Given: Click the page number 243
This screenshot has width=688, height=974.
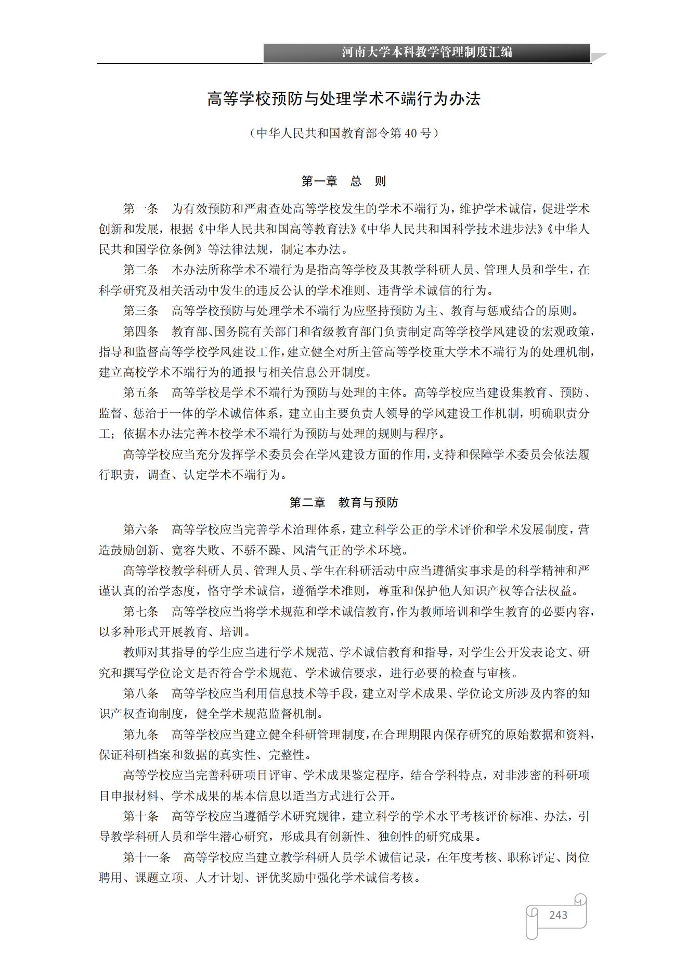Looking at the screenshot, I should [558, 915].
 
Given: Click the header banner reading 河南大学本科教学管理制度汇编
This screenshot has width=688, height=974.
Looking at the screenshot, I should [426, 52].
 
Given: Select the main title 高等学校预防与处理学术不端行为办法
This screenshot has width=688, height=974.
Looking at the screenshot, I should [344, 99].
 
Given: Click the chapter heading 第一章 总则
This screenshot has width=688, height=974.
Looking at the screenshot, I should [344, 181].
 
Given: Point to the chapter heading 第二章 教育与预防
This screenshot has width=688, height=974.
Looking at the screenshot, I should [344, 502].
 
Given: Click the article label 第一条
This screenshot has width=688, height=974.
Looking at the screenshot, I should [141, 209].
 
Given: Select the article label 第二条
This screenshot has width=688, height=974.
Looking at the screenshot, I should [141, 270].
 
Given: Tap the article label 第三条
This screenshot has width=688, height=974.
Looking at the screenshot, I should [141, 311].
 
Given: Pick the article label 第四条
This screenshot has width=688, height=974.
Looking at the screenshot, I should [141, 332].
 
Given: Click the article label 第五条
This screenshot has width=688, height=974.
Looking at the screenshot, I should [141, 393].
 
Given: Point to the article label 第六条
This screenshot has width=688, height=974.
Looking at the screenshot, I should [141, 530].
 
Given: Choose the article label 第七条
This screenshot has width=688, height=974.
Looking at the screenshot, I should [141, 612].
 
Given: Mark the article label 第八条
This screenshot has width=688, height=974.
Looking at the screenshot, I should [141, 693].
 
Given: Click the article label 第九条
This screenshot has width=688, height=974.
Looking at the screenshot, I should [141, 735].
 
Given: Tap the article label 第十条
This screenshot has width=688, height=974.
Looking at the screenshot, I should [141, 816].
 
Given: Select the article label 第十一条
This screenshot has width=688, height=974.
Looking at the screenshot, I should [147, 857].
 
